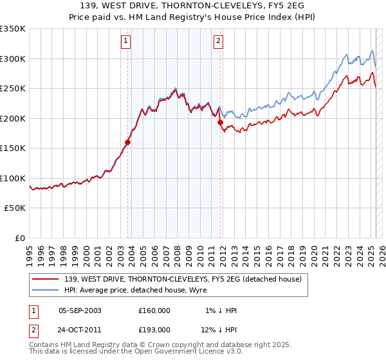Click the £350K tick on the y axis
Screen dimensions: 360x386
tap(12, 29)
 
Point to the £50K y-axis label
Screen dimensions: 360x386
tap(15, 208)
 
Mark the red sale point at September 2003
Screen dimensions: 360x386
tap(128, 143)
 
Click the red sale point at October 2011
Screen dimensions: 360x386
tap(220, 123)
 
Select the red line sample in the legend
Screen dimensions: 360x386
tap(46, 278)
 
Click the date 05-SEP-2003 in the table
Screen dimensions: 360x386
tap(80, 310)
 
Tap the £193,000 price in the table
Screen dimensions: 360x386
tap(154, 330)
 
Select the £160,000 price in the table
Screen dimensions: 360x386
tap(154, 310)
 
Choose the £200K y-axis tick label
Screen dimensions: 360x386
tap(12, 118)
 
